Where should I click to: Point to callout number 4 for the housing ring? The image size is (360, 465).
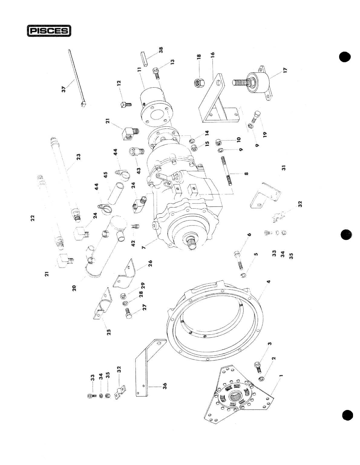pyautogui.click(x=268, y=281)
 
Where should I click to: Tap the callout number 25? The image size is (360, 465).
pyautogui.click(x=109, y=332)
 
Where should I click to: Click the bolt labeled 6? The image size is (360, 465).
pyautogui.click(x=238, y=259)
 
